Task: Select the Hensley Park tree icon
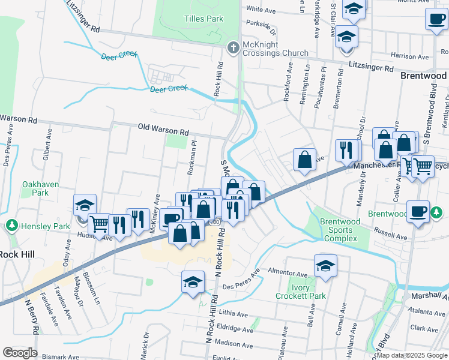[11, 226]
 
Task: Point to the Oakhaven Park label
[40, 188]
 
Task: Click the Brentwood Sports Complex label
[340, 230]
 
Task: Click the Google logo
[20, 353]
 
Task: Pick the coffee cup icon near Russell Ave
[418, 211]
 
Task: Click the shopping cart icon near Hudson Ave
[100, 224]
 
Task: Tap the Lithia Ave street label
[234, 314]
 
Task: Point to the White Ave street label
[261, 10]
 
